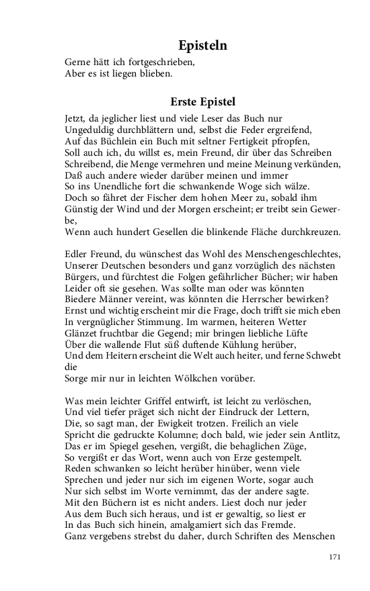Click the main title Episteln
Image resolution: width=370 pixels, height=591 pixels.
[202, 46]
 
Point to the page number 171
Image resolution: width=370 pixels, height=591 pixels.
[335, 557]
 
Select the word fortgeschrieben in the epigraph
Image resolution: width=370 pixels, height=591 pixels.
[157, 62]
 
